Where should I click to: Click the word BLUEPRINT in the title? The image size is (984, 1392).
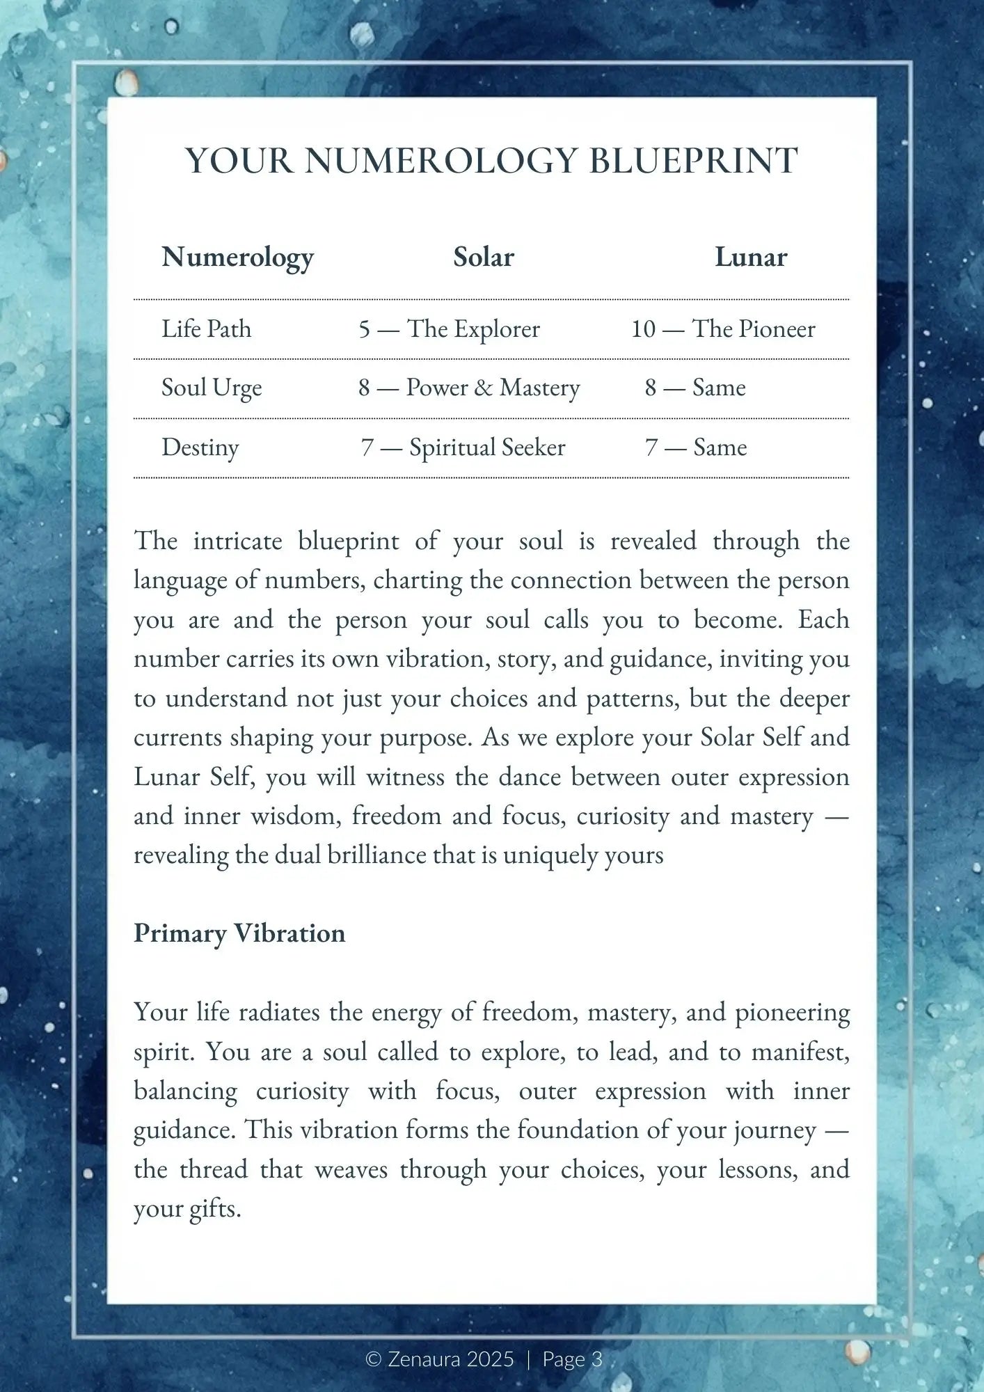pyautogui.click(x=693, y=161)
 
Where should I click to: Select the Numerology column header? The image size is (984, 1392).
pyautogui.click(x=237, y=258)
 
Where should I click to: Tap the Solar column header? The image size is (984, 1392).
pyautogui.click(x=484, y=258)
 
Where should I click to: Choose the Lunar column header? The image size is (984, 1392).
pyautogui.click(x=751, y=258)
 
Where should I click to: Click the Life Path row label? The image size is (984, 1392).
pyautogui.click(x=206, y=329)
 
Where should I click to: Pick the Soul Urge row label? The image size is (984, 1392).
pyautogui.click(x=212, y=388)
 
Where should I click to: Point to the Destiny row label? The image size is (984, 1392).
pyautogui.click(x=200, y=448)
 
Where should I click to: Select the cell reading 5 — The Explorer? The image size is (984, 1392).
pyautogui.click(x=449, y=329)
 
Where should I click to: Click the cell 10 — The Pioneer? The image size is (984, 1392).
pyautogui.click(x=723, y=329)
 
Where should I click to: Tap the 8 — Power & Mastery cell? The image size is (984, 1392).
pyautogui.click(x=469, y=388)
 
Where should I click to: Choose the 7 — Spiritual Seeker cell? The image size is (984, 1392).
pyautogui.click(x=463, y=448)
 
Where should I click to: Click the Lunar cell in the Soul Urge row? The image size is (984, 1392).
pyautogui.click(x=695, y=388)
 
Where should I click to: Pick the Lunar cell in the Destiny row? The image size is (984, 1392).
pyautogui.click(x=696, y=448)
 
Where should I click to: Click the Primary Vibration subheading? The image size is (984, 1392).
pyautogui.click(x=239, y=933)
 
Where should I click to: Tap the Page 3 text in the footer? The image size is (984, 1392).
pyautogui.click(x=572, y=1359)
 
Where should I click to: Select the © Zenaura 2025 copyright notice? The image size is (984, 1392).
pyautogui.click(x=440, y=1359)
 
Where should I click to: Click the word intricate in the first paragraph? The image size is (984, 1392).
pyautogui.click(x=237, y=541)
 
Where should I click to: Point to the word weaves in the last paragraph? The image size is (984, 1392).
pyautogui.click(x=351, y=1170)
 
